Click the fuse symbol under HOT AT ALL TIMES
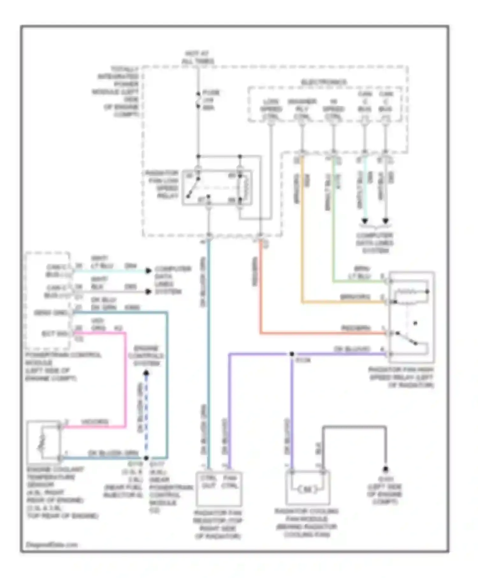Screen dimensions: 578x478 tap(198, 100)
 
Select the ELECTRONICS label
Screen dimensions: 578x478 tap(324, 82)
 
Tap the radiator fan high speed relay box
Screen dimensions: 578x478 tap(411, 317)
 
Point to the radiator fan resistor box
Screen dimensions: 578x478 tap(219, 489)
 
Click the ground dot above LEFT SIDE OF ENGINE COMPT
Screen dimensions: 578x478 tap(385, 469)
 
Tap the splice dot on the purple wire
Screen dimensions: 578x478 tap(292, 354)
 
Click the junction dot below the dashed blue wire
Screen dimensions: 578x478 tap(146, 458)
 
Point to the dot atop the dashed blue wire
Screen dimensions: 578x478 tap(146, 373)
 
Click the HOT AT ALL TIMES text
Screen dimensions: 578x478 tap(198, 57)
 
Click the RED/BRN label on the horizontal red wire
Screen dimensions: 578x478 tap(356, 328)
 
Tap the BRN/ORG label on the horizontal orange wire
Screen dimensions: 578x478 tap(355, 297)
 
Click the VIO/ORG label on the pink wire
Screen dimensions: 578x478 tap(95, 422)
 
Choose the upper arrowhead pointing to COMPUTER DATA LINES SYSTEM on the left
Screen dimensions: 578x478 tap(148, 271)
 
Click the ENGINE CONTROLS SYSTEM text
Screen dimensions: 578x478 tap(146, 356)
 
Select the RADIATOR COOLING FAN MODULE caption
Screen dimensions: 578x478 tap(307, 523)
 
